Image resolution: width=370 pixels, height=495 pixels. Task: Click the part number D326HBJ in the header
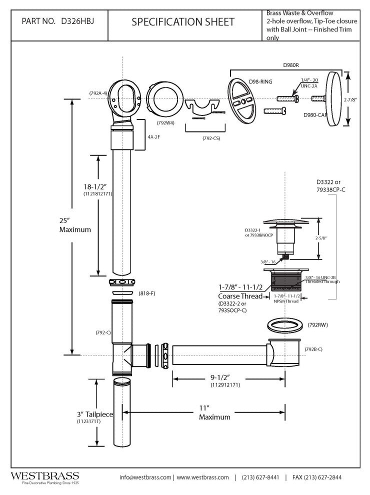coord(78,22)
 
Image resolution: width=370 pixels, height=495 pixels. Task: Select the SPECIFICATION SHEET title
coord(182,22)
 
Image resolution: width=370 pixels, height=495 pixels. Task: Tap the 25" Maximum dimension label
coord(75,225)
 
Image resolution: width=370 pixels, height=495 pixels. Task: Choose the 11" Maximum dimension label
coord(215,412)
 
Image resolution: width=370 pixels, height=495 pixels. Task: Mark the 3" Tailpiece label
coord(95,414)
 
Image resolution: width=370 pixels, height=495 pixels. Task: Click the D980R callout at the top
coord(290,64)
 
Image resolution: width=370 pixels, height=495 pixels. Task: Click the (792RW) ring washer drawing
coord(283,326)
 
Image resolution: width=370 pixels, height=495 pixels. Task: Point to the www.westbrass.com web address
coord(202,477)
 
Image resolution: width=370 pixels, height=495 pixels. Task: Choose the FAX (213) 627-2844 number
coord(317,477)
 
